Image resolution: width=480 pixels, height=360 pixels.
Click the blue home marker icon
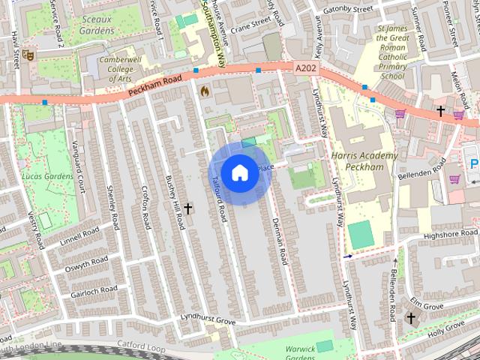tap(239, 173)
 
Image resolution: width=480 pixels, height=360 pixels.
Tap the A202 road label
tap(305, 68)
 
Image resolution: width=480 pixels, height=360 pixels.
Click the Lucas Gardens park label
tap(48, 176)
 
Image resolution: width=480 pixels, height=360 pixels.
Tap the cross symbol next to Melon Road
tap(441, 111)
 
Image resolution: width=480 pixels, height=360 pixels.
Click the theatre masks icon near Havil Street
tap(28, 54)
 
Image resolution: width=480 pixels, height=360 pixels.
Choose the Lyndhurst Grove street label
tap(208, 320)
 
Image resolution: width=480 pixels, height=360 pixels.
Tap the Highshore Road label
tap(450, 235)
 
